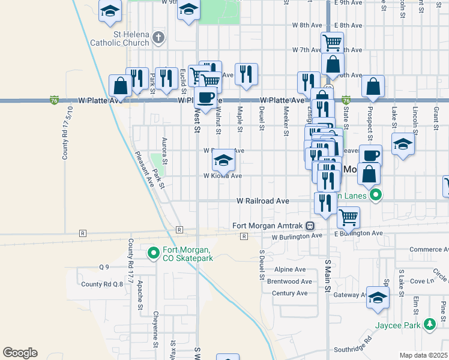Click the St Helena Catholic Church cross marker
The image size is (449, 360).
[x=158, y=38]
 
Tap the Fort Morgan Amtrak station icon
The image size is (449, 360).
[x=310, y=226]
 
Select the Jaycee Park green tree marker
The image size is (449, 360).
[x=429, y=324]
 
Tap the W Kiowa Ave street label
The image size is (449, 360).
[x=222, y=176]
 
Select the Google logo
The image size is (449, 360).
[x=20, y=352]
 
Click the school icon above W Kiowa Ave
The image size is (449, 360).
[x=223, y=160]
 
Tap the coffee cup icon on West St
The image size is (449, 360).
[x=206, y=97]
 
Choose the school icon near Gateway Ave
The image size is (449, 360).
[x=378, y=297]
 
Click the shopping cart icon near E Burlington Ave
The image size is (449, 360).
[x=348, y=216]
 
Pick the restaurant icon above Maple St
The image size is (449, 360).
[x=246, y=73]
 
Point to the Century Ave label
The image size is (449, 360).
[x=289, y=293]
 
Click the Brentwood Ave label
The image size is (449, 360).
[x=289, y=281]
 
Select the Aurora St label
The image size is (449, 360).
[x=164, y=149]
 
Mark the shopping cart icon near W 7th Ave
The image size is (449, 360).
[x=332, y=43]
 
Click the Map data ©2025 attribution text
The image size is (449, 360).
[x=423, y=355]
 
